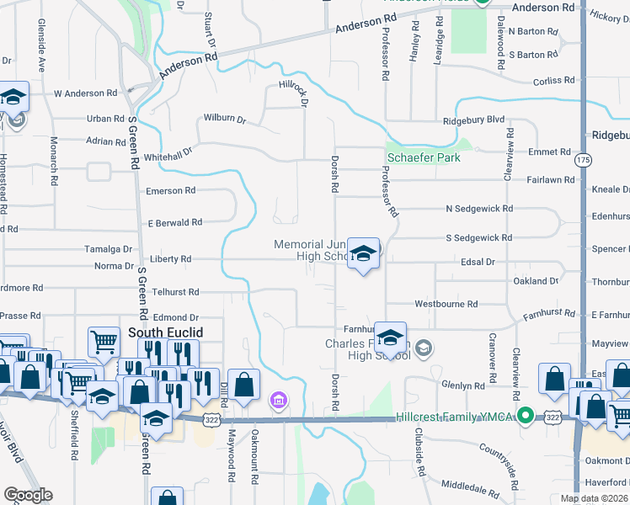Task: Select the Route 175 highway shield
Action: pos(583,159)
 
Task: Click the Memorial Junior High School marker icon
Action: pos(363,253)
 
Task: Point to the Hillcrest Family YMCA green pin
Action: pos(526,415)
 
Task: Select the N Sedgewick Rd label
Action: pos(479,208)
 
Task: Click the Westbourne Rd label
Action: pos(446,304)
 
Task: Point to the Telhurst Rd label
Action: pos(175,291)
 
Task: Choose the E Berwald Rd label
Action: pos(175,223)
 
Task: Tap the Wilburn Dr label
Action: pos(224,120)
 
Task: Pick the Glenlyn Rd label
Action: pos(463,385)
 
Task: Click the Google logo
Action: pos(28,495)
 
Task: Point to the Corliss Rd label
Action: pos(553,81)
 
